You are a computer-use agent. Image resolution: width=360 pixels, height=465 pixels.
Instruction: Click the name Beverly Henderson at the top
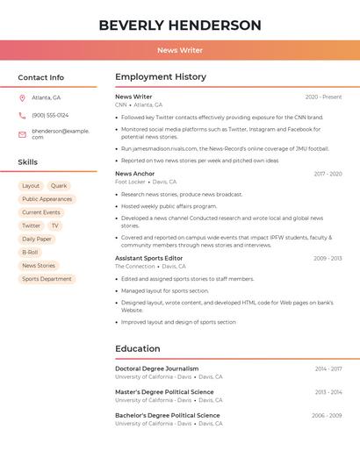180,25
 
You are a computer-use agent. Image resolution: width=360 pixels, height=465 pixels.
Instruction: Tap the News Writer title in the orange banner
180,50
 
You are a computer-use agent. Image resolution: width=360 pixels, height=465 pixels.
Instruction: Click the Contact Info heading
41,77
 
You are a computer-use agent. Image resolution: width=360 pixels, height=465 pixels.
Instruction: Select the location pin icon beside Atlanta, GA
22,98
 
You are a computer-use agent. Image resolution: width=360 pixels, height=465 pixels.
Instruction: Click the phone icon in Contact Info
22,115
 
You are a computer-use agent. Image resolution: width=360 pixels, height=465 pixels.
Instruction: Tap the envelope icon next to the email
22,134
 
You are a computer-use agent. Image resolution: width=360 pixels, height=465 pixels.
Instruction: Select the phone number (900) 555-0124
50,115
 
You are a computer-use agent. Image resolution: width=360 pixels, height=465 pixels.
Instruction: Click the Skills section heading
28,162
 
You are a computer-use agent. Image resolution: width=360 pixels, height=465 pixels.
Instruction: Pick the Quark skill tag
59,186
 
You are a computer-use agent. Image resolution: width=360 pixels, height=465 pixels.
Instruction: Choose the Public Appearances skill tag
47,199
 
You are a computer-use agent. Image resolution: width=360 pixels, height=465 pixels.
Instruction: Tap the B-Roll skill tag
30,252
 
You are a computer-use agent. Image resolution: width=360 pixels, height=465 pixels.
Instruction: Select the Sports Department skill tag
47,279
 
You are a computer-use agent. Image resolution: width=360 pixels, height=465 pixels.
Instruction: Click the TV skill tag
54,225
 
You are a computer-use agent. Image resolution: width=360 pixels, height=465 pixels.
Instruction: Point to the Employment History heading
161,77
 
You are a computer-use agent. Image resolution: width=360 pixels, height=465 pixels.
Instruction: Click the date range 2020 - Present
323,97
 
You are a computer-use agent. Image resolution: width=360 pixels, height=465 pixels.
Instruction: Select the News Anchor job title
134,174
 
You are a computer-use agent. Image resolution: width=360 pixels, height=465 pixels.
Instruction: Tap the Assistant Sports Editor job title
148,258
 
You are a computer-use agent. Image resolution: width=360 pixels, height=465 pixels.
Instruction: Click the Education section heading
138,348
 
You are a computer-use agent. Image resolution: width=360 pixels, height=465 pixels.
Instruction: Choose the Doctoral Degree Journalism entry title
156,368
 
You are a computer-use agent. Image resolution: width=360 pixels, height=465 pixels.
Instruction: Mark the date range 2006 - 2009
326,415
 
